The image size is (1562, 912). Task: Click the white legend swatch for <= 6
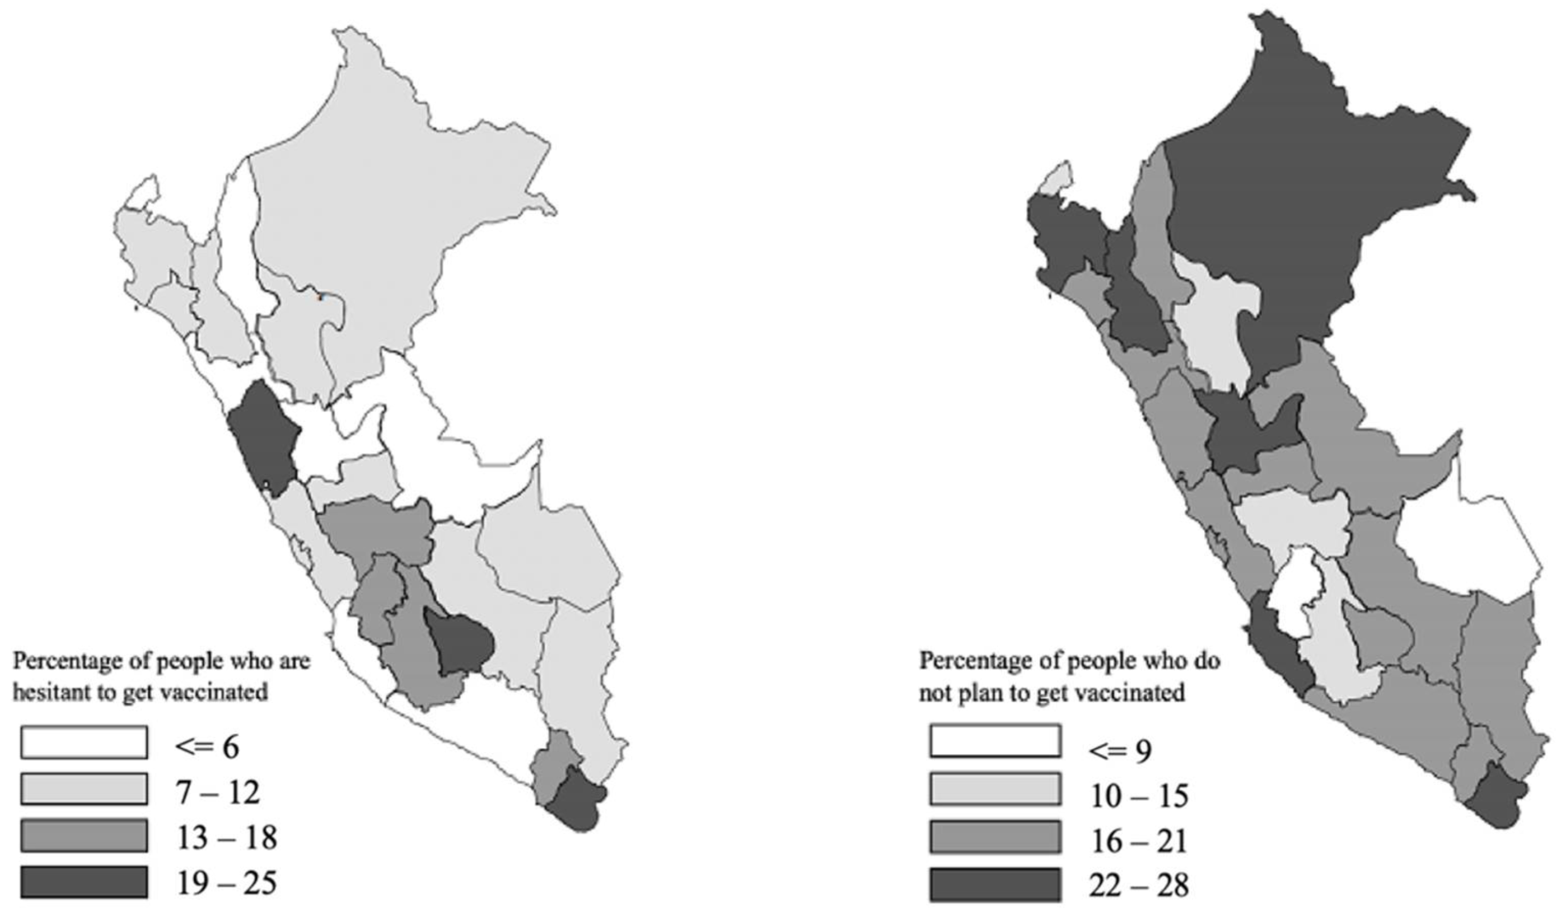(x=84, y=742)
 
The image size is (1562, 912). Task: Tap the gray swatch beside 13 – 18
(x=84, y=835)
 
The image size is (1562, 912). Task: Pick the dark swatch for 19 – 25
(x=84, y=881)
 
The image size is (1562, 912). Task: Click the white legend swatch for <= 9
(x=994, y=741)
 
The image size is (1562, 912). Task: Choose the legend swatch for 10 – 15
(x=994, y=788)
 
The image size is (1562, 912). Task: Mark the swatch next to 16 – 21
(x=994, y=836)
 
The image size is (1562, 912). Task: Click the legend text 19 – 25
(x=226, y=882)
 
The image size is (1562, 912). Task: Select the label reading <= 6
(x=208, y=747)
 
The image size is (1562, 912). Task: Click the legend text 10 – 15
(x=1139, y=796)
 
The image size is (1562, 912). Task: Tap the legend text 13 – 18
(x=226, y=838)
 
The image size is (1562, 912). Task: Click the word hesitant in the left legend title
(x=47, y=693)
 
